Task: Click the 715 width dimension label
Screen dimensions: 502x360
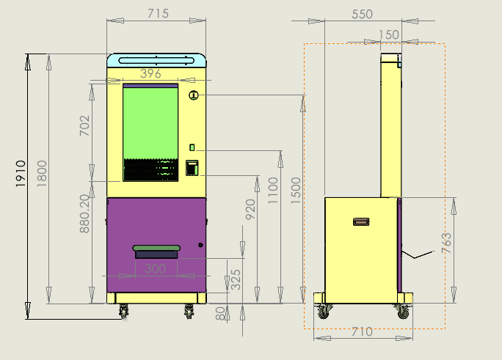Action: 158,13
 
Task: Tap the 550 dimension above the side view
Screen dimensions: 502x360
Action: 362,14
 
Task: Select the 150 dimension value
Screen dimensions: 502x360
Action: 389,34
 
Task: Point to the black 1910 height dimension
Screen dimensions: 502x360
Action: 21,174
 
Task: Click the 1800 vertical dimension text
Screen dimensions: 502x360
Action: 42,173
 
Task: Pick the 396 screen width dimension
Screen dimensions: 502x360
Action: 150,73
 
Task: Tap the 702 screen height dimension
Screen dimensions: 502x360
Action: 85,125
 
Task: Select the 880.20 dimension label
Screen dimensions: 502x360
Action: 84,214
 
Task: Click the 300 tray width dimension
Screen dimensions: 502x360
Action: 155,268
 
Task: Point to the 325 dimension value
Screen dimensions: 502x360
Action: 236,279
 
